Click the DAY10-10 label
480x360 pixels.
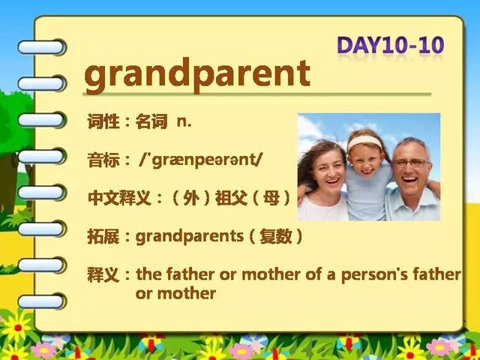(390, 45)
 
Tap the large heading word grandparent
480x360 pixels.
(197, 74)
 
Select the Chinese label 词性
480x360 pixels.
(103, 121)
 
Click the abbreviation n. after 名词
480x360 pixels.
(184, 122)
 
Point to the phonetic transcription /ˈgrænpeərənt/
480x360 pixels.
(201, 160)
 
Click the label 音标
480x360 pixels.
(103, 160)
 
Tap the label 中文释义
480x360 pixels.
(119, 198)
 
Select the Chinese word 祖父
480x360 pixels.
(232, 198)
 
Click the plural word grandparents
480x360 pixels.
(190, 237)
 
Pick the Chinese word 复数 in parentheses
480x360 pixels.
(276, 236)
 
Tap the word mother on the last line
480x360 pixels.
(187, 293)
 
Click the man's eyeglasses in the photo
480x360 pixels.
(412, 163)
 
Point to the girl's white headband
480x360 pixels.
(365, 142)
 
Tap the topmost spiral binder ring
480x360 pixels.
(42, 47)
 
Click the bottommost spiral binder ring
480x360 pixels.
(42, 301)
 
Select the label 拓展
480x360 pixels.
(103, 237)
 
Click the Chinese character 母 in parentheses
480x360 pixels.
(271, 198)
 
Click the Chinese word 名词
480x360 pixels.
(151, 121)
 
